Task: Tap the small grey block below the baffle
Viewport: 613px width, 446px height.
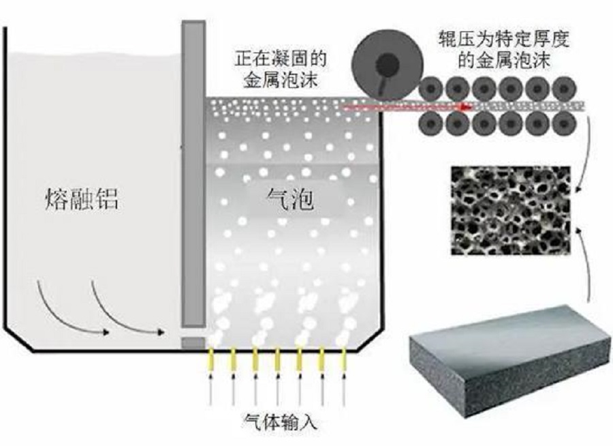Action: (193, 342)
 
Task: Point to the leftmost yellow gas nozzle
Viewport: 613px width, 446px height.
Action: (211, 360)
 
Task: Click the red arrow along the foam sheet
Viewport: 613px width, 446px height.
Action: (409, 106)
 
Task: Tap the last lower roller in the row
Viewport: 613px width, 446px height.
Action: (565, 123)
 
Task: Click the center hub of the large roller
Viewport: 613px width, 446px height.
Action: (387, 65)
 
